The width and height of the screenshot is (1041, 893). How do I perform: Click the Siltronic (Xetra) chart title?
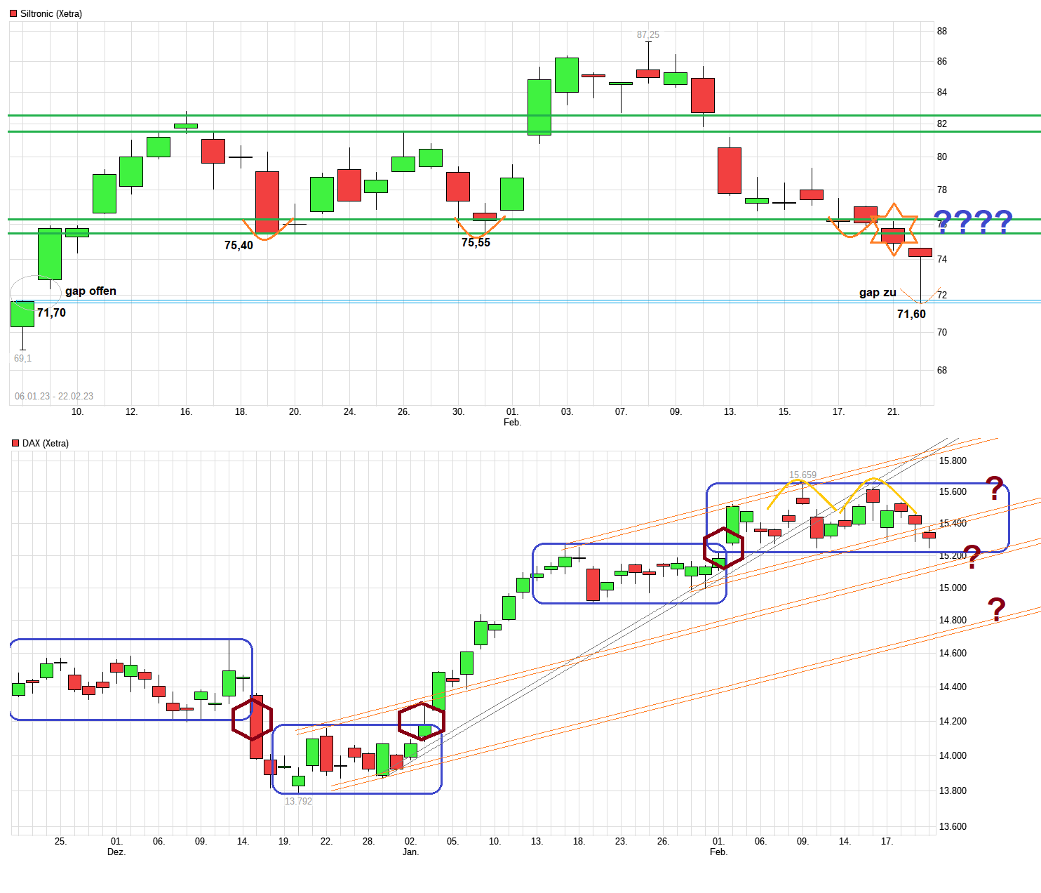pos(51,14)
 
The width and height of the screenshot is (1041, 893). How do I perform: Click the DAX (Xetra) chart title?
pos(45,444)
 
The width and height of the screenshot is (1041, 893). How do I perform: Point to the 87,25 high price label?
pos(647,34)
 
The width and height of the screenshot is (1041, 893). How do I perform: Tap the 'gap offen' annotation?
pos(90,291)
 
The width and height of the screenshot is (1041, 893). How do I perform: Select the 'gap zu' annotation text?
pos(878,293)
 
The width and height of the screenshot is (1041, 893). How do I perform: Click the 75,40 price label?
pos(239,245)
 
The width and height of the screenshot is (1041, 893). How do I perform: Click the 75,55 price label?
pos(476,242)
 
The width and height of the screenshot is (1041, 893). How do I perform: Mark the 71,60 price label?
pos(911,314)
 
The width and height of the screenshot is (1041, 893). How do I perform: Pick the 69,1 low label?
pos(22,358)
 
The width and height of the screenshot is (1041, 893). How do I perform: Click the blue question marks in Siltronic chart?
pos(972,222)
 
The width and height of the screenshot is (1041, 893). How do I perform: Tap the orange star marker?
pos(893,230)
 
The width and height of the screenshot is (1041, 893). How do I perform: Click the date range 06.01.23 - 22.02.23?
pos(54,396)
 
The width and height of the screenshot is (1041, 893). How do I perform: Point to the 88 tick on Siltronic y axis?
pos(942,31)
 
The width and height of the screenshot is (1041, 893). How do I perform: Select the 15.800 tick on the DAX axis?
pos(953,461)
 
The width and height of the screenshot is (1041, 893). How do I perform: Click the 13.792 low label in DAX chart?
pos(298,801)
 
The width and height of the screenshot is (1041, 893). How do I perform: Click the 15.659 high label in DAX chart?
pos(802,475)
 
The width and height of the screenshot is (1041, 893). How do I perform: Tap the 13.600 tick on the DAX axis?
pos(953,826)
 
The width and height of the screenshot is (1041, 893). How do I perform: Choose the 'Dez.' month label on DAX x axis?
pos(116,852)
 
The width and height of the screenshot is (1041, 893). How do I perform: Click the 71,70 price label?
pos(51,312)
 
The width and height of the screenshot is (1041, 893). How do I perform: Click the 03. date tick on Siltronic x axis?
pos(567,411)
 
